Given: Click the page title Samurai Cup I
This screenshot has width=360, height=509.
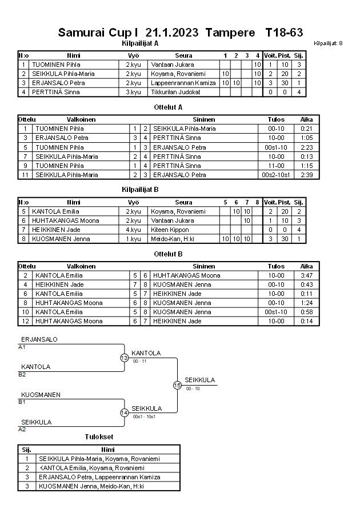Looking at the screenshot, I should point(98,33).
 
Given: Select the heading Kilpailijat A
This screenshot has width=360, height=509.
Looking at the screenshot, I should point(140,43).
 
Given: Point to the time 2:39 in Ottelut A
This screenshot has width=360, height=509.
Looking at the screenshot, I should point(306,175).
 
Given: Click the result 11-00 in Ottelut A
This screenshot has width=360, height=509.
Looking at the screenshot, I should point(276,166).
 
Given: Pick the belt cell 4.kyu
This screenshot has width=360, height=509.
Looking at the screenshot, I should point(133,230).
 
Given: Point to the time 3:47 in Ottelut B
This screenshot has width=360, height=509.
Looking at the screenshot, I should point(306,276).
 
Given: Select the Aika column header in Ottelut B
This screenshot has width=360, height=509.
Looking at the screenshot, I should point(306,266).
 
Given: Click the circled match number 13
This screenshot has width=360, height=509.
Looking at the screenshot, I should point(125,358).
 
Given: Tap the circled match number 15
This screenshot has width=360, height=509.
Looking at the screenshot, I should point(177,386).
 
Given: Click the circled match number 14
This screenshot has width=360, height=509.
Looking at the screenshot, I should point(125,413).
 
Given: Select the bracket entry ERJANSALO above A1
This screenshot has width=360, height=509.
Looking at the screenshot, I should point(39,340).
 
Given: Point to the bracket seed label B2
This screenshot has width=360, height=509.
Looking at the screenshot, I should point(22,374).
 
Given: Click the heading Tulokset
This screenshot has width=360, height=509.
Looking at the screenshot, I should point(98,437).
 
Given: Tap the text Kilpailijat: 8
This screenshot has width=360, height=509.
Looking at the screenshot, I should point(328,43).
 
